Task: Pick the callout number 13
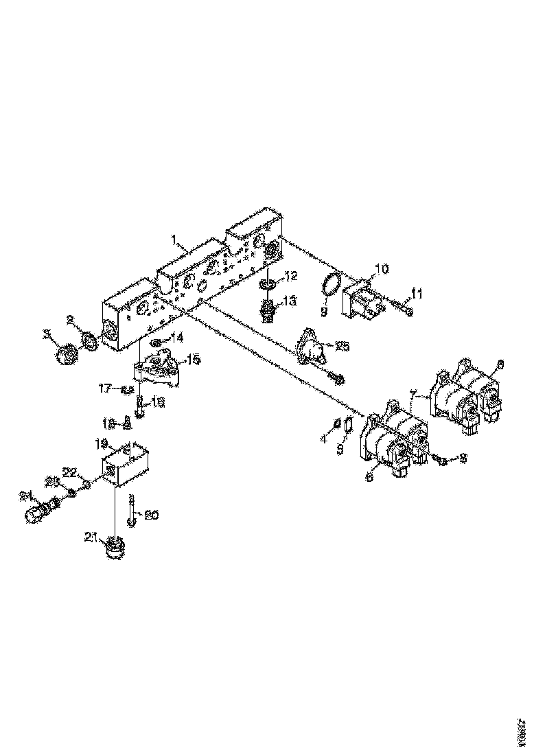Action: [x=290, y=301]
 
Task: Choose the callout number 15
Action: [x=194, y=358]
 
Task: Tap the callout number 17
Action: [x=105, y=390]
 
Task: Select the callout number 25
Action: [x=341, y=346]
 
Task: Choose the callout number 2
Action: [x=70, y=318]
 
